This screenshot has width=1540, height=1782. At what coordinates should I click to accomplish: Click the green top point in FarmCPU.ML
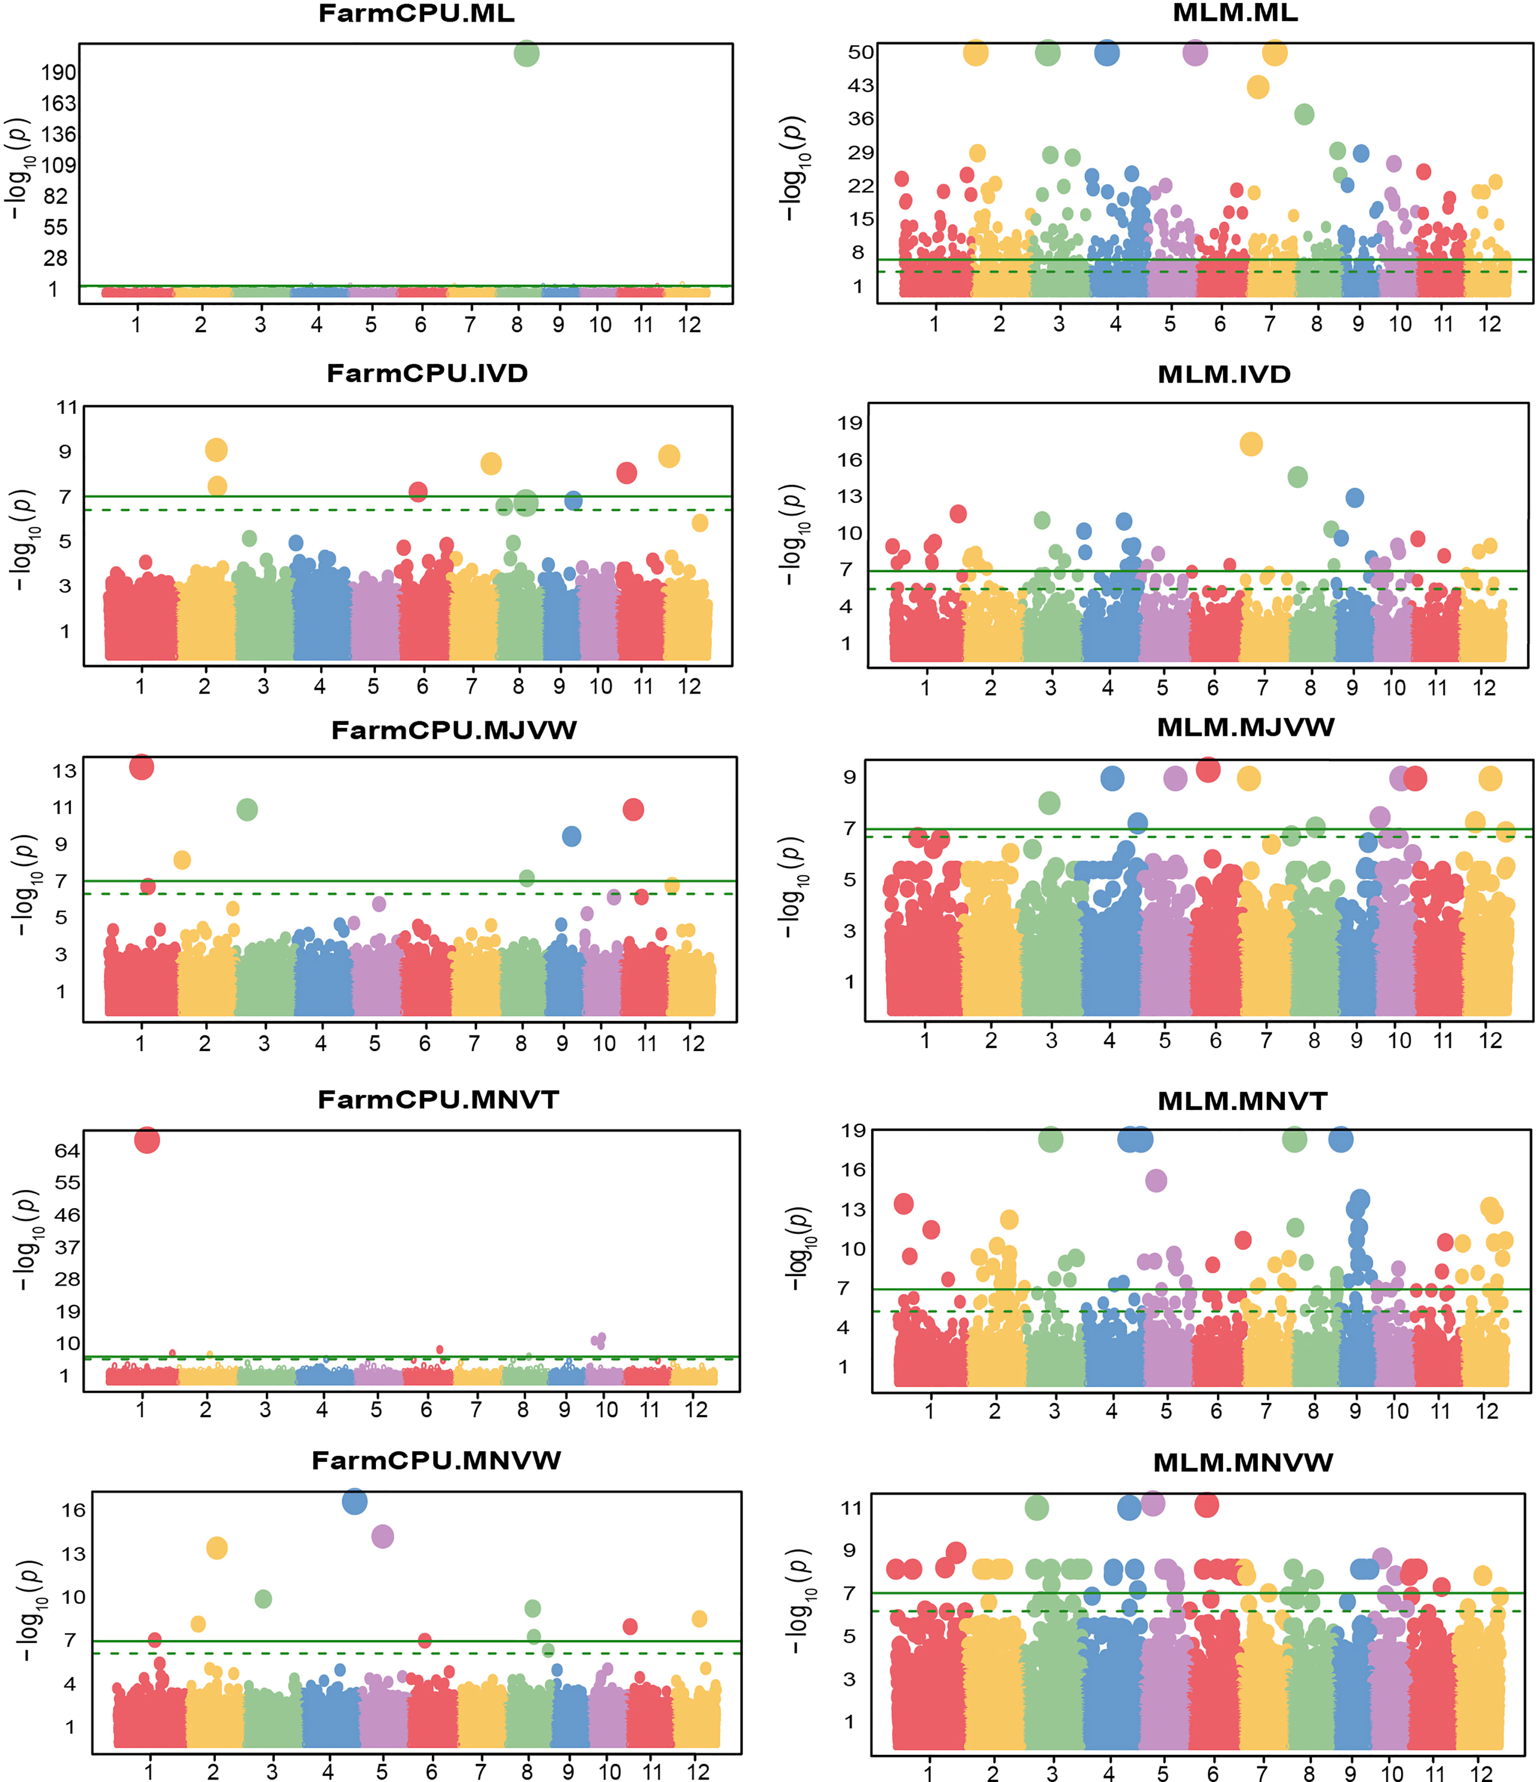526,53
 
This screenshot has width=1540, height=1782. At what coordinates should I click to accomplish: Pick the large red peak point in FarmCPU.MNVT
147,1141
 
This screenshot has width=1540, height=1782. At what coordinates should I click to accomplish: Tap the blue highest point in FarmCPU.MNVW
354,1502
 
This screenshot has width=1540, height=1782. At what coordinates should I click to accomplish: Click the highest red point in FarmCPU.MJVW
142,766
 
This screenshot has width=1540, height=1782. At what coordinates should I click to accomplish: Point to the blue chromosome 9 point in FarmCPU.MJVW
571,836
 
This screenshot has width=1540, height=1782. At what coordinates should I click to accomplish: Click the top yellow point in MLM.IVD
1251,444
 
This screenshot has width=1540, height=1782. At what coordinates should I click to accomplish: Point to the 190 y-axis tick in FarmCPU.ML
58,72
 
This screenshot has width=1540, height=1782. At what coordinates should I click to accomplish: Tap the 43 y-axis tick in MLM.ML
861,85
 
